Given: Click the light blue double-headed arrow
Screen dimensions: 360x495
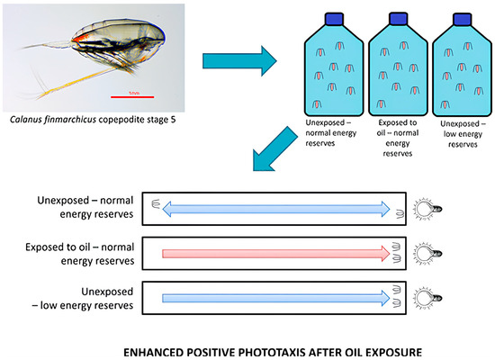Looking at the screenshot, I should tap(275, 209).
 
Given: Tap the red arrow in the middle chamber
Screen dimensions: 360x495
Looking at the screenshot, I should tap(275, 254).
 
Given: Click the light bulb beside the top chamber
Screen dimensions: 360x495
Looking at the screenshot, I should tap(427, 209).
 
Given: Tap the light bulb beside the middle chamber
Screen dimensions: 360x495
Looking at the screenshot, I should tap(427, 254).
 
